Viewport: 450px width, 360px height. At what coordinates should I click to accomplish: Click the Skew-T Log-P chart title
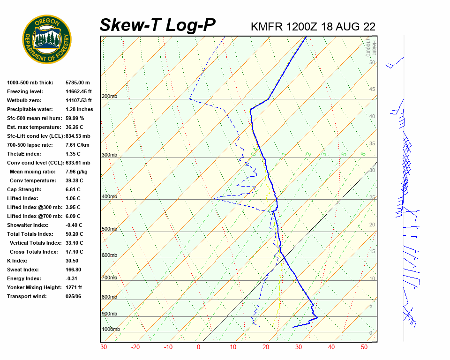pos(157,25)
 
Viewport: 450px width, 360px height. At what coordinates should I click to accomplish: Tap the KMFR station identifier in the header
pos(267,27)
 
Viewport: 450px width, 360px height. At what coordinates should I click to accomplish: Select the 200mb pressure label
pos(109,97)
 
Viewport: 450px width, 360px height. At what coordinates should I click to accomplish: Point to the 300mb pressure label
pos(109,155)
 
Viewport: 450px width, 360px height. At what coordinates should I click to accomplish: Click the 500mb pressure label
pos(109,229)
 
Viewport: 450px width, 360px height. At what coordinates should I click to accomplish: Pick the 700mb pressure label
pos(109,278)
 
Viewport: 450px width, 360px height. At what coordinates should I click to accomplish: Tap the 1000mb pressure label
pos(111,330)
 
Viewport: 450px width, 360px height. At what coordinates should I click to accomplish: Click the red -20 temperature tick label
pos(135,347)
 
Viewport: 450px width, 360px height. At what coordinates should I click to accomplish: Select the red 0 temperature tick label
pos(199,347)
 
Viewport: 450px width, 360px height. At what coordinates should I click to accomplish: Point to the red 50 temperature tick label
pos(364,347)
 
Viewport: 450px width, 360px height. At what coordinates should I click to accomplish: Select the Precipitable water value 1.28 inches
pos(79,109)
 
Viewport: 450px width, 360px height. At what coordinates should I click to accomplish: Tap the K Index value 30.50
pos(72,261)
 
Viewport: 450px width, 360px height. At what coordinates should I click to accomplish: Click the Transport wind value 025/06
pos(74,296)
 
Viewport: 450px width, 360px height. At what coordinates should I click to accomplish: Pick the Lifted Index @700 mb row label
pos(30,216)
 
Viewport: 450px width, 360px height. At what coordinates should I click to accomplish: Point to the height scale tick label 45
pos(372,90)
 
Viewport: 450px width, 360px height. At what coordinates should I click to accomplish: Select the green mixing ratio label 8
pos(363,154)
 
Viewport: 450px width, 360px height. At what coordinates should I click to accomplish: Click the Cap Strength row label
pos(24,189)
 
